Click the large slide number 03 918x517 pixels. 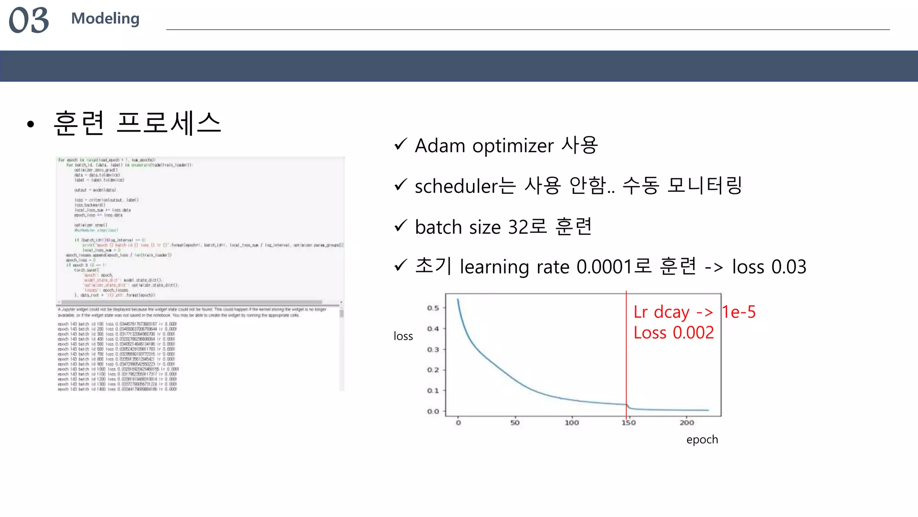point(29,20)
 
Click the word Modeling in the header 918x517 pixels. point(105,18)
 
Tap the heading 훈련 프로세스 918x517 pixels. point(137,123)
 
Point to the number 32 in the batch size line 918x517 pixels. point(518,227)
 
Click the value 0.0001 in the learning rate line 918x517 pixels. point(604,267)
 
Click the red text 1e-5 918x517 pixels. point(739,312)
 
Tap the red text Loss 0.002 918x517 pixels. point(674,333)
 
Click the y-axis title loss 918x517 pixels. point(403,336)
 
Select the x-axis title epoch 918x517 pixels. point(702,439)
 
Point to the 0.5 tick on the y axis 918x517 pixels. point(433,308)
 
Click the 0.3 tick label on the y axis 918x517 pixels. point(433,350)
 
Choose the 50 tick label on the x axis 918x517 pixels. point(515,423)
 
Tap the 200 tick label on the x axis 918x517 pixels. point(687,423)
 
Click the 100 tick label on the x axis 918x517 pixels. point(572,423)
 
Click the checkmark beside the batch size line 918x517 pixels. point(400,226)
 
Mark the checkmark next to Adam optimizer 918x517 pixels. point(400,145)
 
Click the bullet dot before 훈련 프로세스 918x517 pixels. point(30,124)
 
